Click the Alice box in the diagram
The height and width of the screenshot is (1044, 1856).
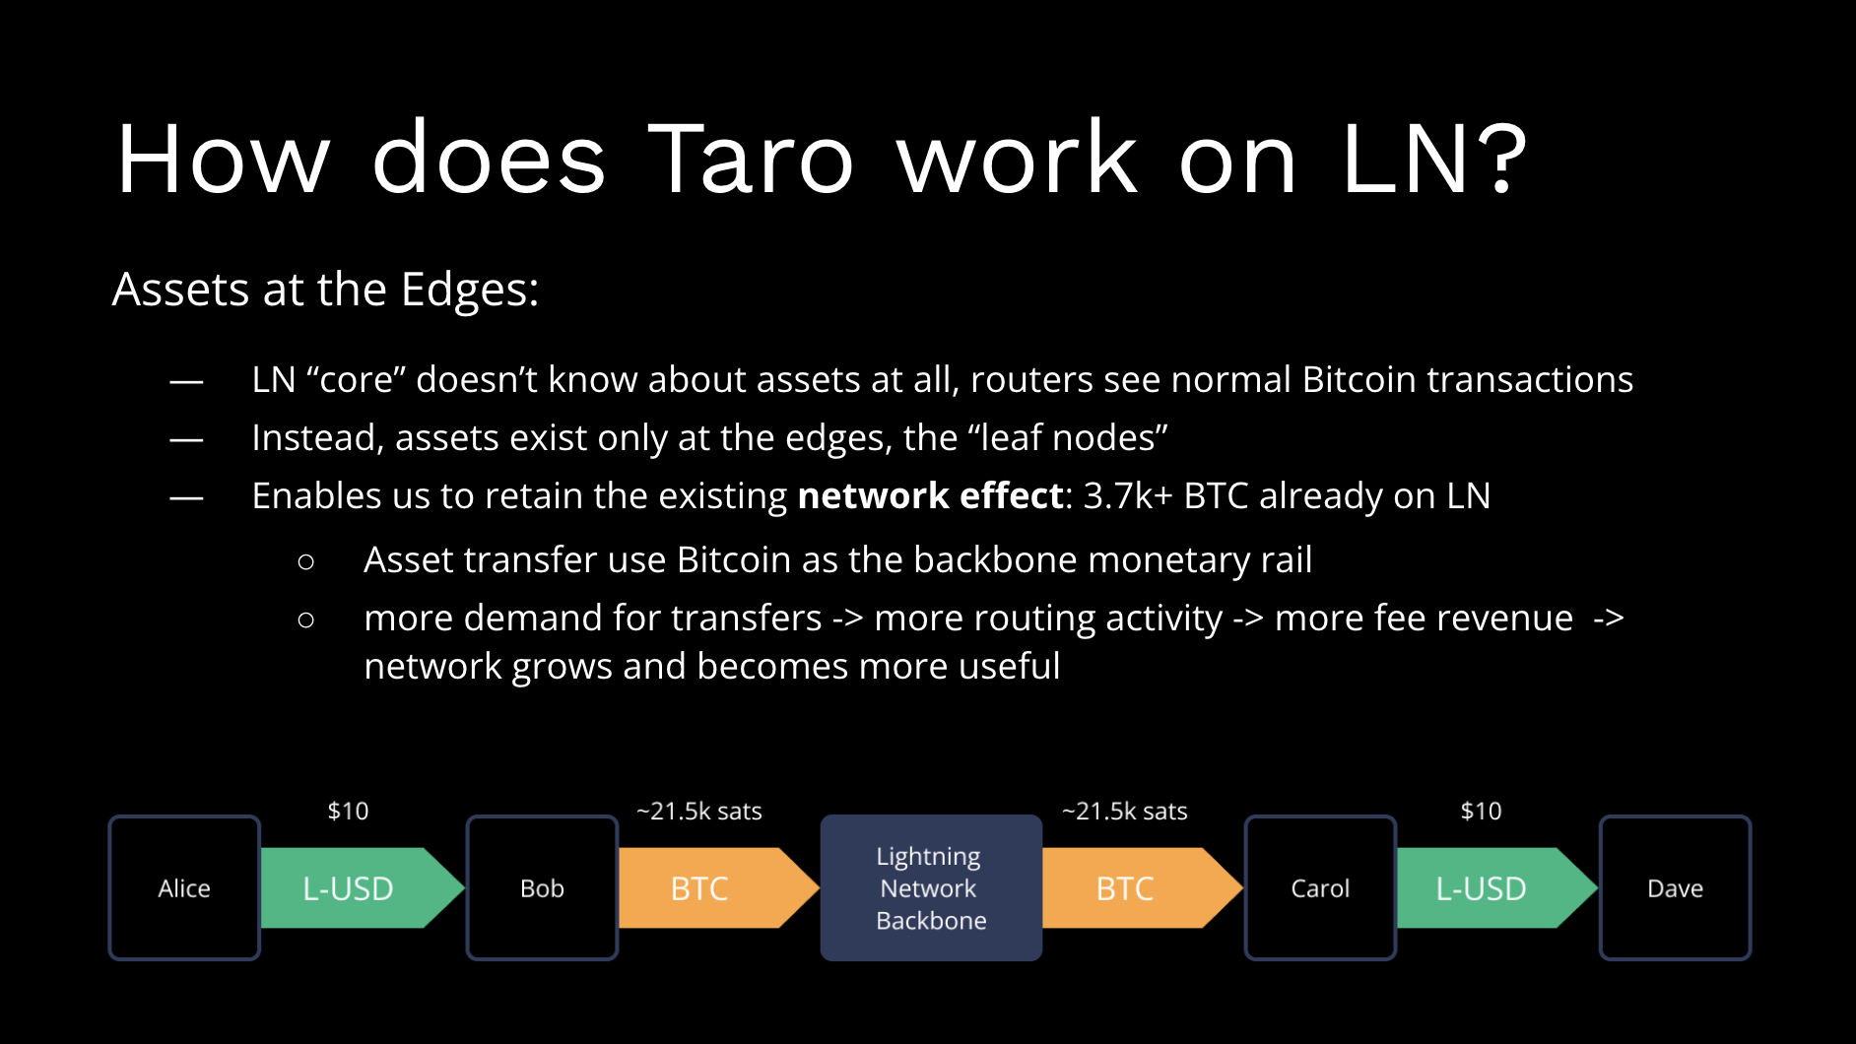pos(184,887)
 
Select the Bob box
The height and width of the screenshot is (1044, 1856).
pos(542,887)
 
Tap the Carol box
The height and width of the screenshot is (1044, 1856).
pos(1320,887)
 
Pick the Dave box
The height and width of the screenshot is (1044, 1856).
pos(1675,887)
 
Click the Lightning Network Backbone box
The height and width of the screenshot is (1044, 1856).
pos(931,887)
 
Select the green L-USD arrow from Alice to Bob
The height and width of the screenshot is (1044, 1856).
pos(350,887)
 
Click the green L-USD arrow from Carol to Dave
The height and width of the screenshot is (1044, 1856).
pos(1483,887)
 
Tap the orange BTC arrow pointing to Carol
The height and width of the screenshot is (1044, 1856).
pos(1128,887)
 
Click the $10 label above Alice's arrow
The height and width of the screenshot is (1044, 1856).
pos(348,811)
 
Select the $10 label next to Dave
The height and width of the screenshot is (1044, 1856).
pos(1481,811)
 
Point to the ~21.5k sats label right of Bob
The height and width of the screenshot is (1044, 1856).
pos(699,811)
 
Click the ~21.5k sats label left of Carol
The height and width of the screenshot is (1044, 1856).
pos(1124,811)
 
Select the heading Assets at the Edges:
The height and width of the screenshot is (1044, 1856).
pos(325,290)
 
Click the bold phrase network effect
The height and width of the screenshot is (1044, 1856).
pos(930,495)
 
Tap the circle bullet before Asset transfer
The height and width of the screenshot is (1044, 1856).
pos(305,561)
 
